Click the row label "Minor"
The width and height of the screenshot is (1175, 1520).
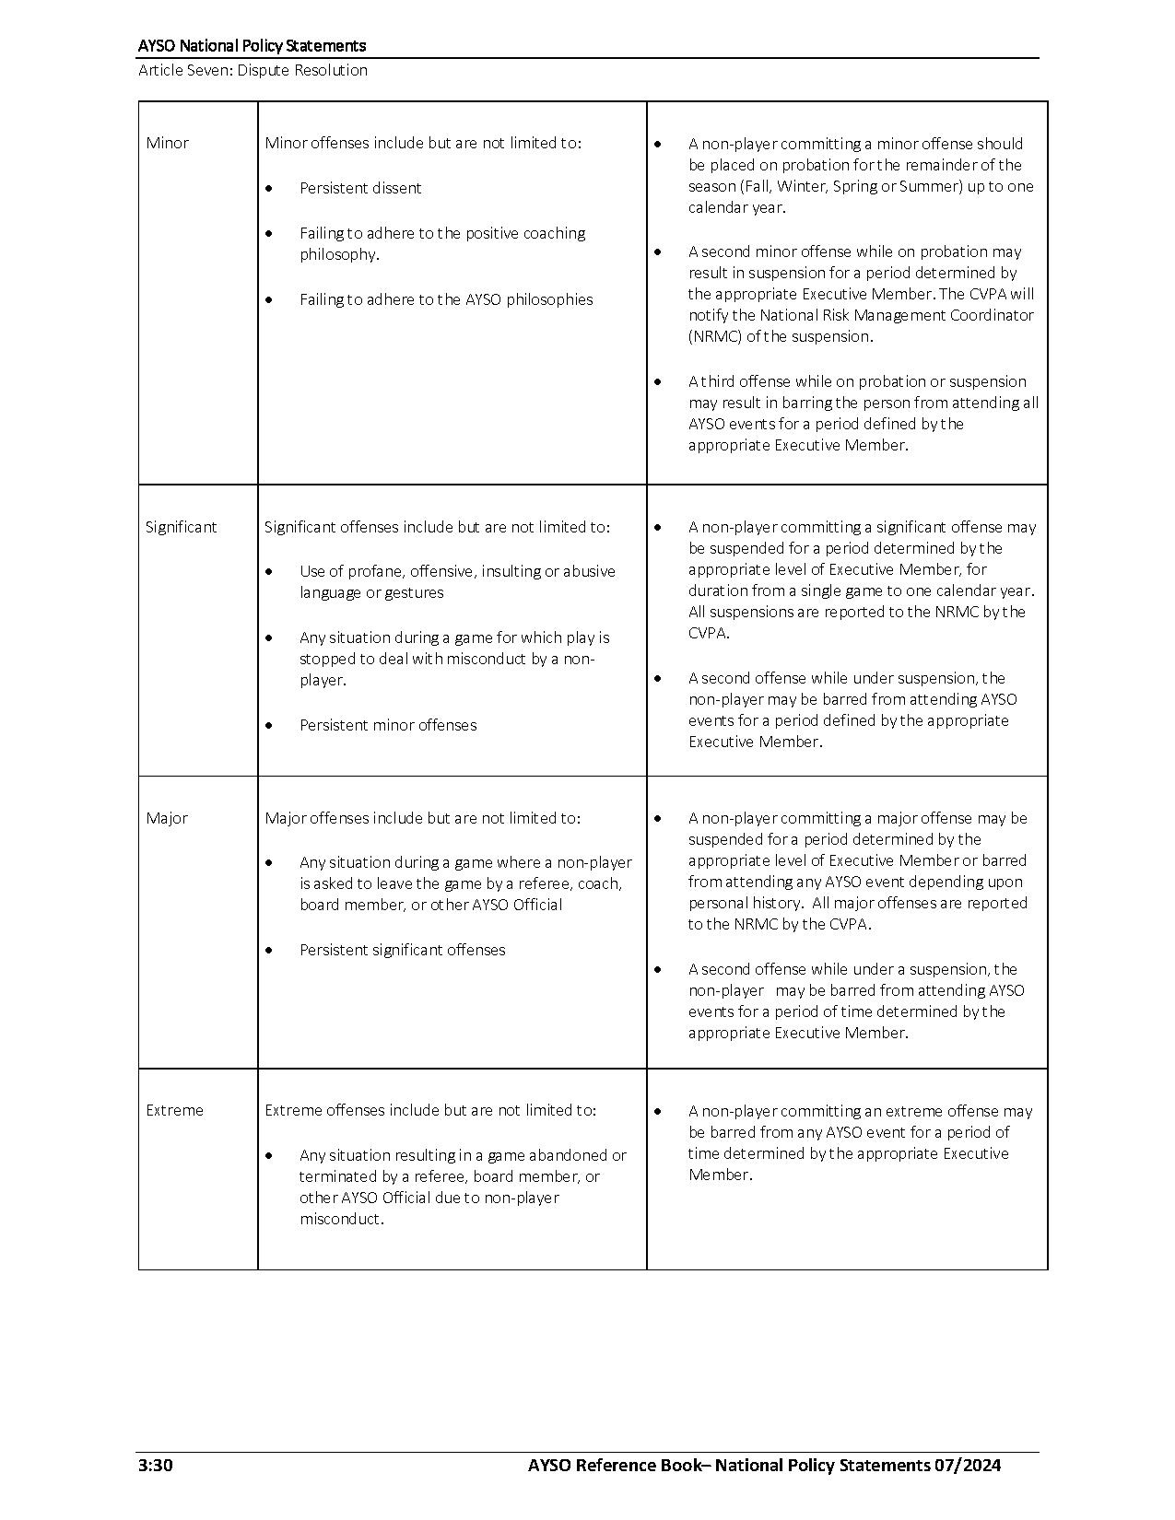(x=167, y=143)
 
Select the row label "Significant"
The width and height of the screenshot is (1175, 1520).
(x=181, y=527)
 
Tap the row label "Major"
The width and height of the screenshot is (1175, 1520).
(x=167, y=818)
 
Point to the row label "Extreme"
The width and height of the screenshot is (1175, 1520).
(x=174, y=1110)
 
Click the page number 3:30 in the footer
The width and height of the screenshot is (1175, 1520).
(x=155, y=1466)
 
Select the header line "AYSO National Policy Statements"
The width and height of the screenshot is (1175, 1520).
(x=252, y=45)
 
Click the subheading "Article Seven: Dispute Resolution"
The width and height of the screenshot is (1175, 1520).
(x=253, y=70)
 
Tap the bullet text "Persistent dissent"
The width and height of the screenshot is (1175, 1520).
(x=360, y=188)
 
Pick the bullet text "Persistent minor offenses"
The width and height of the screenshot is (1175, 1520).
(x=388, y=725)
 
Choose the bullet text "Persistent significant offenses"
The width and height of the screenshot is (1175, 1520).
(x=402, y=950)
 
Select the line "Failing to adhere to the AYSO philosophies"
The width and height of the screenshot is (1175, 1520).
(x=446, y=299)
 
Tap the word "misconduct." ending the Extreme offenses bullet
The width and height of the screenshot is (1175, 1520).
(x=341, y=1219)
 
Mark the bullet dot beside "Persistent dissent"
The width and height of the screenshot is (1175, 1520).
(x=269, y=189)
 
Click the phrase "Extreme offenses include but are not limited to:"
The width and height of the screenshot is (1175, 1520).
(x=430, y=1110)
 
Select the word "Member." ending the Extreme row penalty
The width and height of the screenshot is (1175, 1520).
(x=720, y=1175)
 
